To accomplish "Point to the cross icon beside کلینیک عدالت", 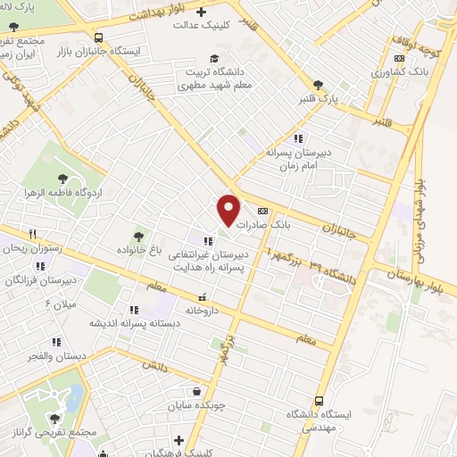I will point(200,12).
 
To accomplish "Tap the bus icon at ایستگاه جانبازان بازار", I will point(97,37).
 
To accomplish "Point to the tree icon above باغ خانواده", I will point(137,237).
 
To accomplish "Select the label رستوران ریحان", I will point(33,248).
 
